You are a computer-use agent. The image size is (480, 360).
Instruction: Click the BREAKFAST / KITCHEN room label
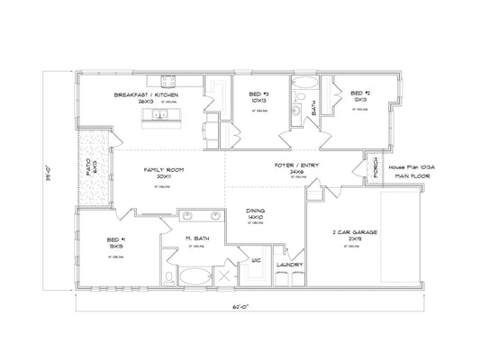tap(146, 94)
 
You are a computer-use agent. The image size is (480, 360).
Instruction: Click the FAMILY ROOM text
tap(163, 171)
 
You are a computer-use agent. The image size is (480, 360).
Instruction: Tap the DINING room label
tap(255, 212)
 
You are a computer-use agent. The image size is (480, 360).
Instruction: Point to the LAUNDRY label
tap(290, 265)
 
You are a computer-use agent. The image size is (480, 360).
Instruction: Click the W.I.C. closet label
tap(255, 261)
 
